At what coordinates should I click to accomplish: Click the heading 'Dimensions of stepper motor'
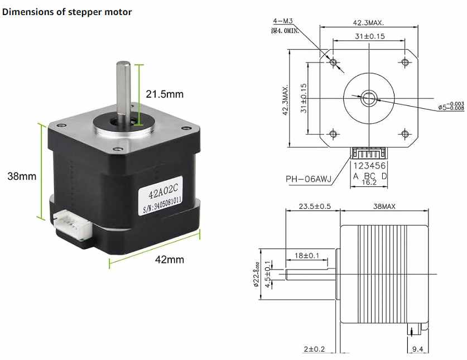68,12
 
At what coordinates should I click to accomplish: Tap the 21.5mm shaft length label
165,94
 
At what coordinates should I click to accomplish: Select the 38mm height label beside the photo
22,176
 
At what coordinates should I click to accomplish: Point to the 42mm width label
169,260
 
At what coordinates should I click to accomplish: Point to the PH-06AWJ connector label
309,179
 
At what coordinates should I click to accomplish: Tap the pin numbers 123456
369,166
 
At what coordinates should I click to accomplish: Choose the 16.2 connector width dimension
369,182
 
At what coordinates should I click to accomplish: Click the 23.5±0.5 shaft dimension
315,207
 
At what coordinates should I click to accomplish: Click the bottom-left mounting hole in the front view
334,133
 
